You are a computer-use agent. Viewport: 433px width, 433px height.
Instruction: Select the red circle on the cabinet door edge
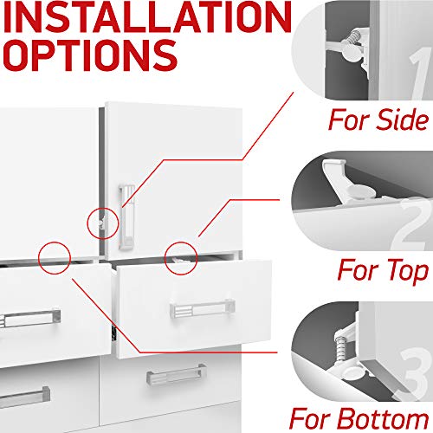100,221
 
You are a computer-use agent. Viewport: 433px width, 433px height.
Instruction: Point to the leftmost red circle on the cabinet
54,255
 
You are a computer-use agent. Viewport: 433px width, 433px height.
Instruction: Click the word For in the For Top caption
349,270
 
